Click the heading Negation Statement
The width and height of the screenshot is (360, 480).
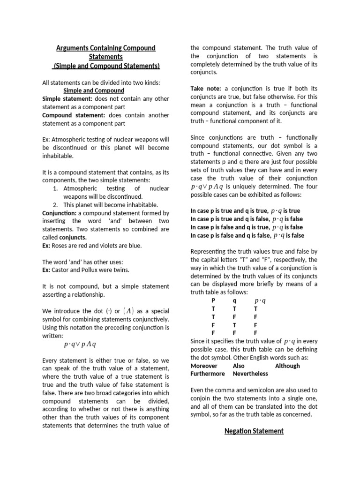[254, 431]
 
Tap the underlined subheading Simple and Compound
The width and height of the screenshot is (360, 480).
[94, 90]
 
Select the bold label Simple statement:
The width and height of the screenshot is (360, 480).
[67, 99]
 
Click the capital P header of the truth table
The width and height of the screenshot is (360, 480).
[214, 300]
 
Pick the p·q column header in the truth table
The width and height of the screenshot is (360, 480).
[260, 301]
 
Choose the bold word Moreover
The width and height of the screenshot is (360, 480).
[204, 366]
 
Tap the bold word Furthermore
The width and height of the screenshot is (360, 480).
[208, 374]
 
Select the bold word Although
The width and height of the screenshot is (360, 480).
[287, 366]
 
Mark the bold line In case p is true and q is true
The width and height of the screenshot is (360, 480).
[246, 210]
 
